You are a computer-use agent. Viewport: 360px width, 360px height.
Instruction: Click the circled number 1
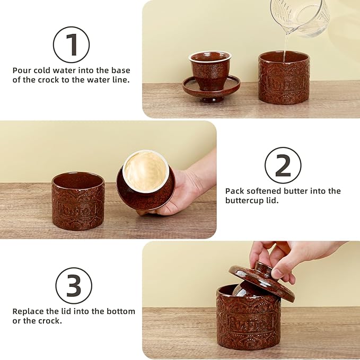click(x=71, y=45)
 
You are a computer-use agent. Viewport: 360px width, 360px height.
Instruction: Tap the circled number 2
click(x=283, y=165)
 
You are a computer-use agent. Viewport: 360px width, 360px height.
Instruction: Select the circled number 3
click(x=74, y=286)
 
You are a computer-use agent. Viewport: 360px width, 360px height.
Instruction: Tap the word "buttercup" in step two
click(x=245, y=200)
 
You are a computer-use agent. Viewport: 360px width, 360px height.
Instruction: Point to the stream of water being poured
click(x=285, y=47)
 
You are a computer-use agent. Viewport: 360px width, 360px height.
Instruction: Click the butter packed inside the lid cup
click(x=145, y=171)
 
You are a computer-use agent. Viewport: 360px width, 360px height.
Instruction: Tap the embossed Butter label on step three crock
click(x=249, y=322)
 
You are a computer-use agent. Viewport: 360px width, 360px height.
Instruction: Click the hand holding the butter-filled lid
click(x=183, y=188)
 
